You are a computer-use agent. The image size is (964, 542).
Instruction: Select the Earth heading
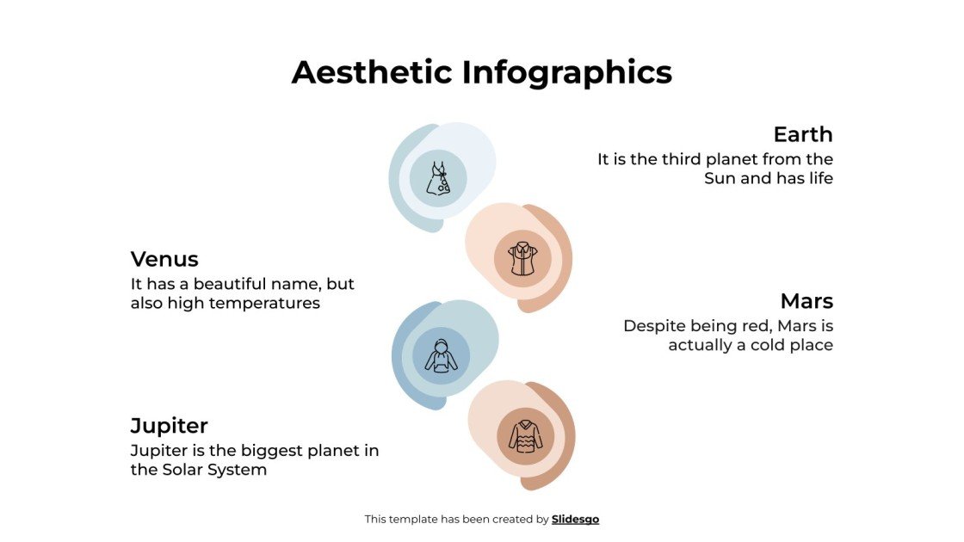[x=802, y=134]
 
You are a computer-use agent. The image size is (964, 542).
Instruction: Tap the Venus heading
[x=164, y=259]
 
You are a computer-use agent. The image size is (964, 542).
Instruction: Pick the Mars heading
[x=806, y=301]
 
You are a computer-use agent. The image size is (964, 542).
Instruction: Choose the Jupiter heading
[x=170, y=425]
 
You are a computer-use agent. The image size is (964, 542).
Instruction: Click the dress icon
[x=438, y=178]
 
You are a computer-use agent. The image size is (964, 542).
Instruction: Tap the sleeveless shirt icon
[x=522, y=258]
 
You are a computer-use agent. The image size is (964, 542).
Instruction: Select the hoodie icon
[x=442, y=356]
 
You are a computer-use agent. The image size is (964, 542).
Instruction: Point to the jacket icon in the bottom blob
[x=525, y=436]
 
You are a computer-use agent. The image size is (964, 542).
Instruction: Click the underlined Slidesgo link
[x=575, y=519]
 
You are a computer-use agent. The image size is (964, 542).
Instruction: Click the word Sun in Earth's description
[x=721, y=179]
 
